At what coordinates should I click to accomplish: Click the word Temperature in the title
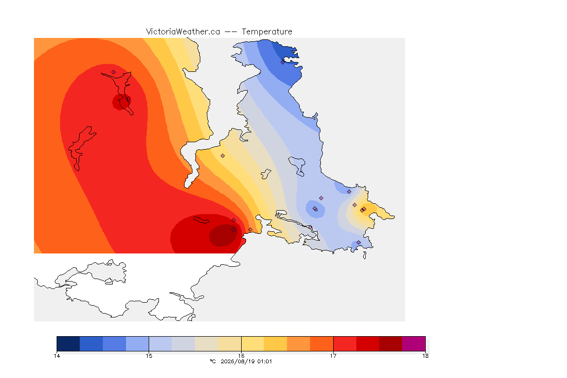coord(267,32)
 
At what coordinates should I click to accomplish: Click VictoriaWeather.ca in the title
coord(183,32)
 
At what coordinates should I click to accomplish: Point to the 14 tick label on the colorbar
coord(57,356)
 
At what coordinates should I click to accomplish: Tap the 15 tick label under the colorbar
coord(149,356)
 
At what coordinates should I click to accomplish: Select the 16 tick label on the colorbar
coord(241,356)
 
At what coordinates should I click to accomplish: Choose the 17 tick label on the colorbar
coord(333,356)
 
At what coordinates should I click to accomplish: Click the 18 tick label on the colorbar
coord(425,356)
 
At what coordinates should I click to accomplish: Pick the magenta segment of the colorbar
coord(413,344)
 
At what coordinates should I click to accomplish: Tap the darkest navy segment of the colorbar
coord(68,344)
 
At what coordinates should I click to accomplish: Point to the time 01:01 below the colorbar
coord(265,361)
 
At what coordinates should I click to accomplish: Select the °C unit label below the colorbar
coord(213,361)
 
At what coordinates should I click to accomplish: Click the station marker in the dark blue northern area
coord(283,62)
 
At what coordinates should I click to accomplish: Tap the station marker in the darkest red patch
coord(234,229)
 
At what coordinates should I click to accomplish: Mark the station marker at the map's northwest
coord(114,72)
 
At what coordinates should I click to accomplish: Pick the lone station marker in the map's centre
coord(223,156)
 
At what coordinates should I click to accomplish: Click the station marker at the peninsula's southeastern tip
coord(359,242)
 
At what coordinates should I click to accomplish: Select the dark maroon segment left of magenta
coord(390,344)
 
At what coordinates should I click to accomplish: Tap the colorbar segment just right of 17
coord(345,344)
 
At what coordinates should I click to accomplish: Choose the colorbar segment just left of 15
coord(137,344)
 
